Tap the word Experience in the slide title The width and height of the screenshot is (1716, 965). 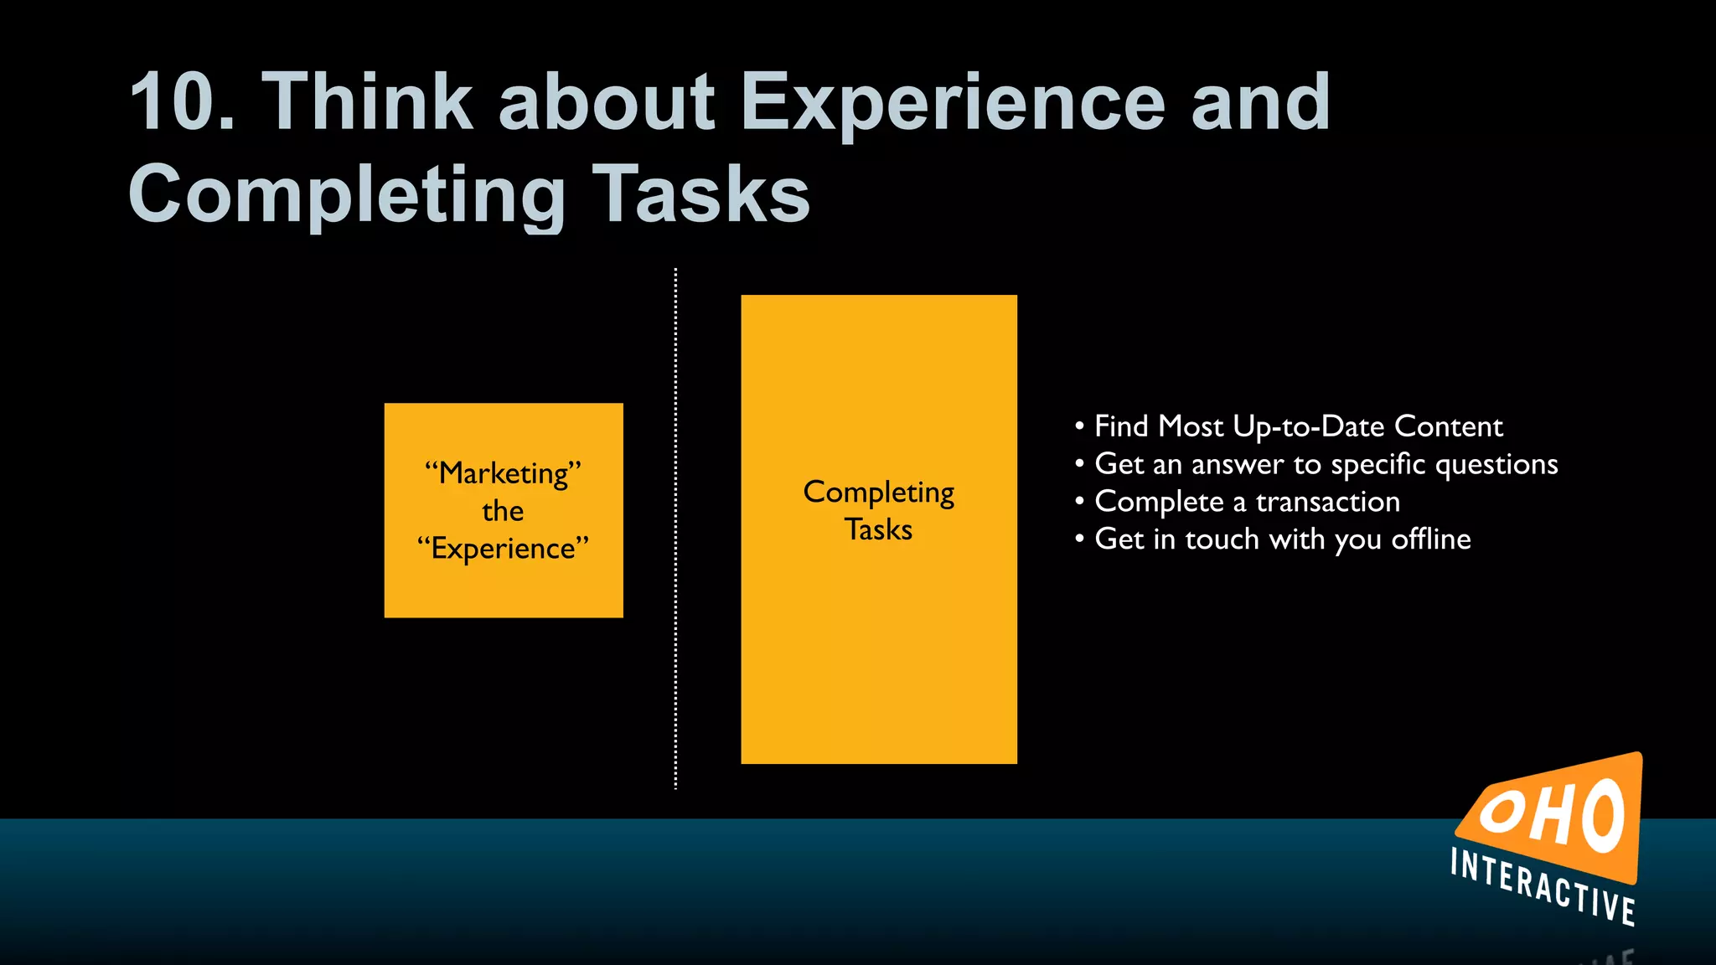[x=952, y=103]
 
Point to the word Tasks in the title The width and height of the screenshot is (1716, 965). [x=701, y=194]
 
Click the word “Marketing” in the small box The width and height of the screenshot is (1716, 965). [x=503, y=473]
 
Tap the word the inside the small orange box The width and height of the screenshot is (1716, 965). [x=503, y=511]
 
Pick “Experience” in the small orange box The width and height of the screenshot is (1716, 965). [x=503, y=549]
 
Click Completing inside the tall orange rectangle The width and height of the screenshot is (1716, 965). [x=878, y=493]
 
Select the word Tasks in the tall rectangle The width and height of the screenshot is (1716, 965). [x=878, y=529]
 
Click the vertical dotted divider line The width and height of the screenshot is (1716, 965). [x=675, y=528]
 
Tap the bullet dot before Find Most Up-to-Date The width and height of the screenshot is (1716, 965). [x=1079, y=426]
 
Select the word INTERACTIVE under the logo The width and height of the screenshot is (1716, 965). [x=1543, y=887]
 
